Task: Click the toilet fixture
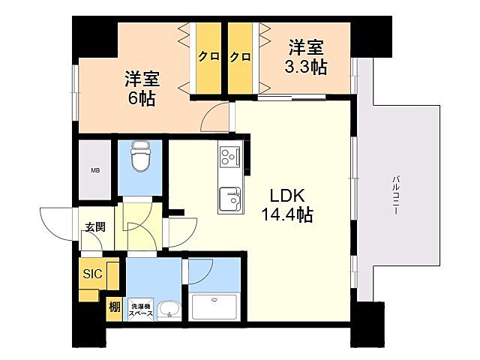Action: [x=139, y=157]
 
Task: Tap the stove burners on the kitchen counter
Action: [x=228, y=158]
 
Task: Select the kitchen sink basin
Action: [x=229, y=200]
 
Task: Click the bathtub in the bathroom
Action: [x=214, y=307]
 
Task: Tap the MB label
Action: [x=95, y=171]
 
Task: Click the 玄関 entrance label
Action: [x=94, y=226]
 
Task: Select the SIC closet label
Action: [x=93, y=274]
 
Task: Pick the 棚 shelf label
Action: [x=113, y=307]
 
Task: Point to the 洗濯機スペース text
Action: [x=142, y=310]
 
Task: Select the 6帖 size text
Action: [x=140, y=98]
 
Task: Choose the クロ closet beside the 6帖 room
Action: [x=208, y=56]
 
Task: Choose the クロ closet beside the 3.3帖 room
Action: [x=240, y=56]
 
